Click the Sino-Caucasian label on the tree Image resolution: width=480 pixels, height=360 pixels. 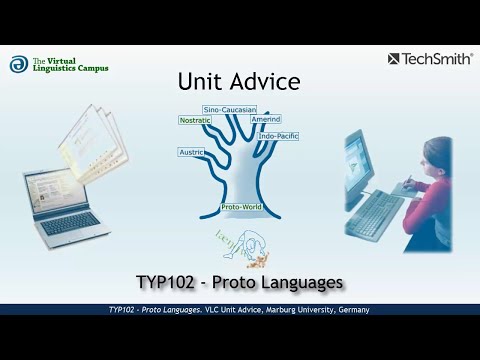229,108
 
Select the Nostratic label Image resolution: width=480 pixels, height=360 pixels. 195,120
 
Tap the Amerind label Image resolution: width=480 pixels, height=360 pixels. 265,119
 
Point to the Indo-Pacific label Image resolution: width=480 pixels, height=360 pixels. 280,136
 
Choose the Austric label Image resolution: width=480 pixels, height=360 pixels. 191,152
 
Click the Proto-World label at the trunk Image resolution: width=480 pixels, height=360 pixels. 240,207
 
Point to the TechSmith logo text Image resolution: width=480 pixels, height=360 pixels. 436,59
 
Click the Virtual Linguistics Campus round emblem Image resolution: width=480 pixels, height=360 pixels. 18,64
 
